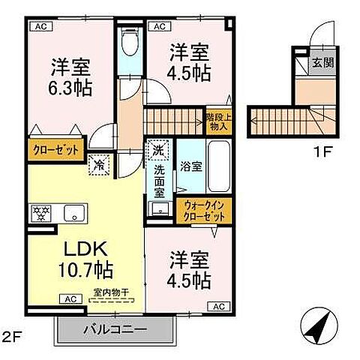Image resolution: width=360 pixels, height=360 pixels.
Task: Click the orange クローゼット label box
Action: coord(55,150)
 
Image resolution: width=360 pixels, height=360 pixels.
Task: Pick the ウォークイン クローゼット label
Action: coord(203,210)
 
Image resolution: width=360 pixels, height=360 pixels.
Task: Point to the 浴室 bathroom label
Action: coord(190,166)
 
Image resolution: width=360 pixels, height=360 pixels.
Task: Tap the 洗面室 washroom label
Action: coord(159,181)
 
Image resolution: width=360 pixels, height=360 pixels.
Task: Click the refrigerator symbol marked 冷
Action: coord(97,164)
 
